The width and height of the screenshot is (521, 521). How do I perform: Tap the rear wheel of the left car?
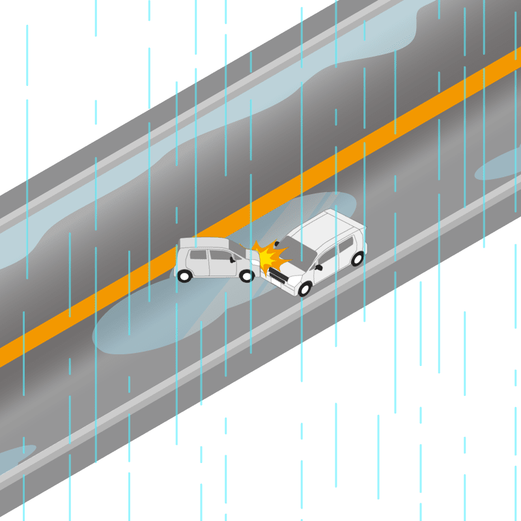click(x=184, y=276)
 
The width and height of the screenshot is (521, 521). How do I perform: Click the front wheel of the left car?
click(x=246, y=276)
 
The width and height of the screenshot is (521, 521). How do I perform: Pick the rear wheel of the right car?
click(x=357, y=259)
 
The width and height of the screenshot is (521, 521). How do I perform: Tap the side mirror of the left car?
click(x=232, y=260)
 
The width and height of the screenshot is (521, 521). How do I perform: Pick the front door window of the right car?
click(x=326, y=255)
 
